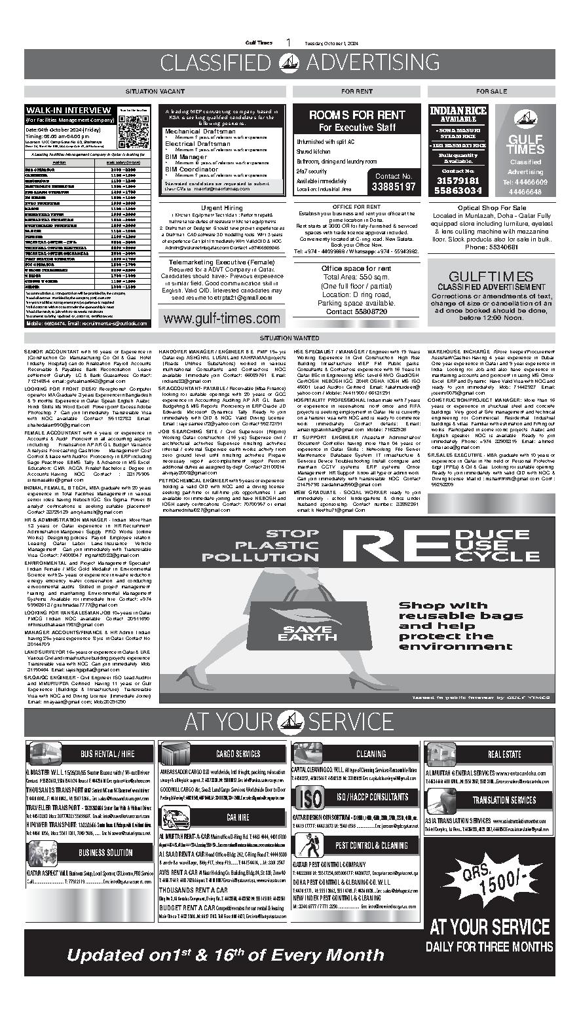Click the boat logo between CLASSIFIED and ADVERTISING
coord(289,63)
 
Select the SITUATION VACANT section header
coord(155,91)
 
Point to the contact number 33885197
coord(393,187)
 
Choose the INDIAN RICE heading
coord(458,111)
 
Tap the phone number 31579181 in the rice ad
coord(458,181)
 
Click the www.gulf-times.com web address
coord(221,319)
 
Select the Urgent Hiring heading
coord(222,207)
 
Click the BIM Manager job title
coord(186,157)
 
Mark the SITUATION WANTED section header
coord(289,338)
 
